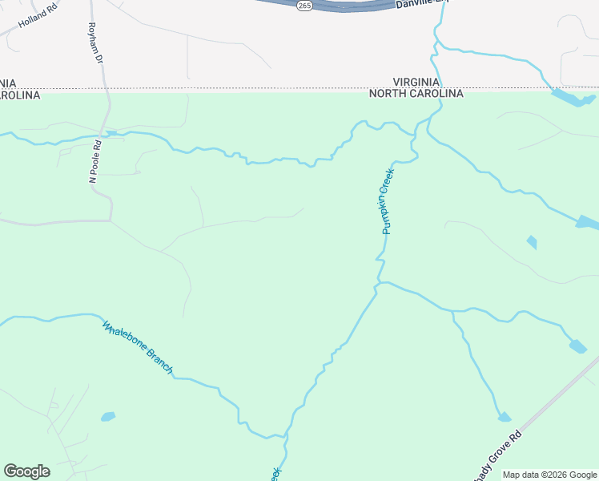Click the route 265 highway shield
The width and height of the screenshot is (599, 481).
(x=304, y=6)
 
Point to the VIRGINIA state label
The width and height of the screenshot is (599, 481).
(x=416, y=82)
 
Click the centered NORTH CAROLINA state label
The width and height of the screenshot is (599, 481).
(x=416, y=94)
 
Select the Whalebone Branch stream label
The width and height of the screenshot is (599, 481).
(x=138, y=347)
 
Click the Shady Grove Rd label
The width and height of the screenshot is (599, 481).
(x=496, y=459)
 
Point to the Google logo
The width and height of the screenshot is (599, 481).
(x=26, y=471)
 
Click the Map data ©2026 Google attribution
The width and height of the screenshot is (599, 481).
(x=549, y=475)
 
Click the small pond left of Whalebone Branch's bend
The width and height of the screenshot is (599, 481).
(x=107, y=417)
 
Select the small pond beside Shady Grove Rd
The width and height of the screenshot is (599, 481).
(x=504, y=417)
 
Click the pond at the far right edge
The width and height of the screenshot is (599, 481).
(x=587, y=222)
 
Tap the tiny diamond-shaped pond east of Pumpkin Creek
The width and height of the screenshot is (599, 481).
(x=532, y=242)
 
